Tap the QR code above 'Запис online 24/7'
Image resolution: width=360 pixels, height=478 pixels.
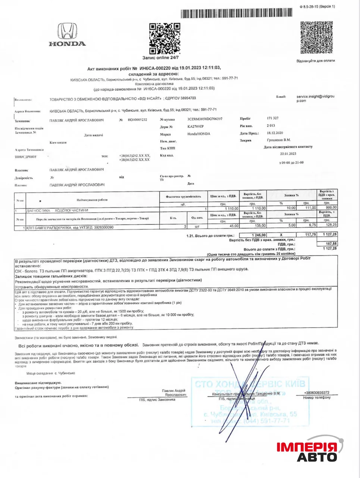click(165, 38)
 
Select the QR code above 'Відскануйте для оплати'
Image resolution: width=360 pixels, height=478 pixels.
click(316, 37)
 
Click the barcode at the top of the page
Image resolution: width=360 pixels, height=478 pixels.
click(237, 13)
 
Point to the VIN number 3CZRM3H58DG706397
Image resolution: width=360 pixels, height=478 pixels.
click(205, 119)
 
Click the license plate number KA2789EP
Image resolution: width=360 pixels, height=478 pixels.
click(195, 126)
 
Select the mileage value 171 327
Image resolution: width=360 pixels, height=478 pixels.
click(273, 118)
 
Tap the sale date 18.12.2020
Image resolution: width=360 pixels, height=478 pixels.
click(275, 133)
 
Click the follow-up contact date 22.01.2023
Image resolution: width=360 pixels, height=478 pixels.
click(288, 153)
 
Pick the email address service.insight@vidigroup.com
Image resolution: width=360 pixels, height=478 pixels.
click(315, 98)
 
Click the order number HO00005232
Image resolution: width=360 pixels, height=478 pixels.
click(137, 120)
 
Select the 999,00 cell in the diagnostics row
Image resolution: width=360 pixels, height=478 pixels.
click(331, 208)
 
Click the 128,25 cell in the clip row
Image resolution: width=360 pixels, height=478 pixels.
click(331, 225)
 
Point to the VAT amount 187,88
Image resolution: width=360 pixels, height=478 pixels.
click(331, 243)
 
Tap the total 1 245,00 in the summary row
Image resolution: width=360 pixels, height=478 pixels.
click(258, 235)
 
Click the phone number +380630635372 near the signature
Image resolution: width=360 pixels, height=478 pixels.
click(317, 392)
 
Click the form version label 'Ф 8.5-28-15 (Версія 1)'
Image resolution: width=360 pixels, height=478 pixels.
click(317, 6)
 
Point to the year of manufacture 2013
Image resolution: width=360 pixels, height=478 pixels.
click(271, 125)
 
